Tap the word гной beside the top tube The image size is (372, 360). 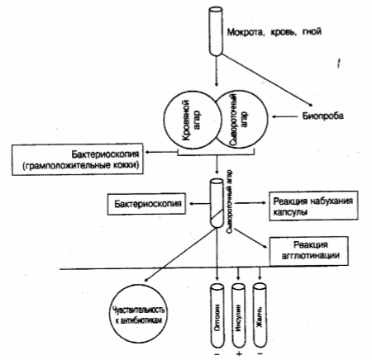click(x=312, y=32)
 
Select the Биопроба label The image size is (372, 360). click(x=323, y=116)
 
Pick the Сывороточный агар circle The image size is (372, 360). click(x=266, y=118)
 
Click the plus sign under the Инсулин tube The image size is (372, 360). click(x=239, y=354)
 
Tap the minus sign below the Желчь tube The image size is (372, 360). click(x=260, y=353)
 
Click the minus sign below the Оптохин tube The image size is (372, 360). click(x=217, y=353)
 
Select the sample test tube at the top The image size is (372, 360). click(x=216, y=31)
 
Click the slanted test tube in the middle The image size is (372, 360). click(x=217, y=203)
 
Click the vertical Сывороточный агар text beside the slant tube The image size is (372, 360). click(x=230, y=202)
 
